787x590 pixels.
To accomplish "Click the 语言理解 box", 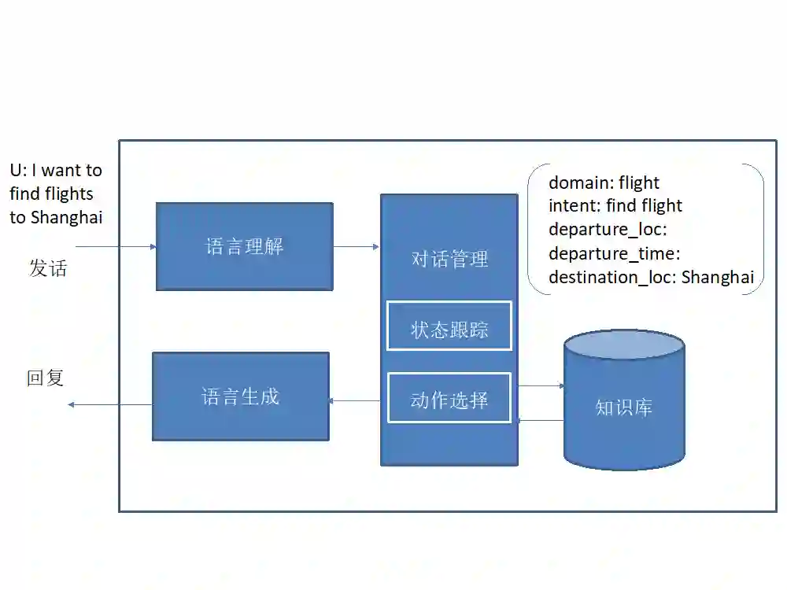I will [x=244, y=246].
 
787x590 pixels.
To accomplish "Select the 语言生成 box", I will [x=240, y=396].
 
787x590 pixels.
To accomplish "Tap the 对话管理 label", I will [x=449, y=259].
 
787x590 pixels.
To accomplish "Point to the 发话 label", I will [x=48, y=268].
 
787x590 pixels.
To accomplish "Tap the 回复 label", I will [x=46, y=378].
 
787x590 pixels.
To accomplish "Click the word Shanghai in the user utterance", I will [x=67, y=218].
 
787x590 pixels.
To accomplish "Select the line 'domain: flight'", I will [x=604, y=183].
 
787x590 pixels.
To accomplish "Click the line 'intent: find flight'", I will [x=615, y=206].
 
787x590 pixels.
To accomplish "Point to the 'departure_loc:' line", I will [x=607, y=230].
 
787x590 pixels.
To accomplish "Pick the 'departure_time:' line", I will [x=614, y=253].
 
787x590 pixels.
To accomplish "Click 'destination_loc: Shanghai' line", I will [x=651, y=277].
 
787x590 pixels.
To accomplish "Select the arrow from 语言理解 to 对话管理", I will [x=357, y=247].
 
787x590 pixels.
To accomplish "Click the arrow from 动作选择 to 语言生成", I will [x=355, y=401].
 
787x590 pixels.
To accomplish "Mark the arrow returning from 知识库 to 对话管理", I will [x=541, y=420].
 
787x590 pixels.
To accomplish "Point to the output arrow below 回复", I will [x=109, y=404].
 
